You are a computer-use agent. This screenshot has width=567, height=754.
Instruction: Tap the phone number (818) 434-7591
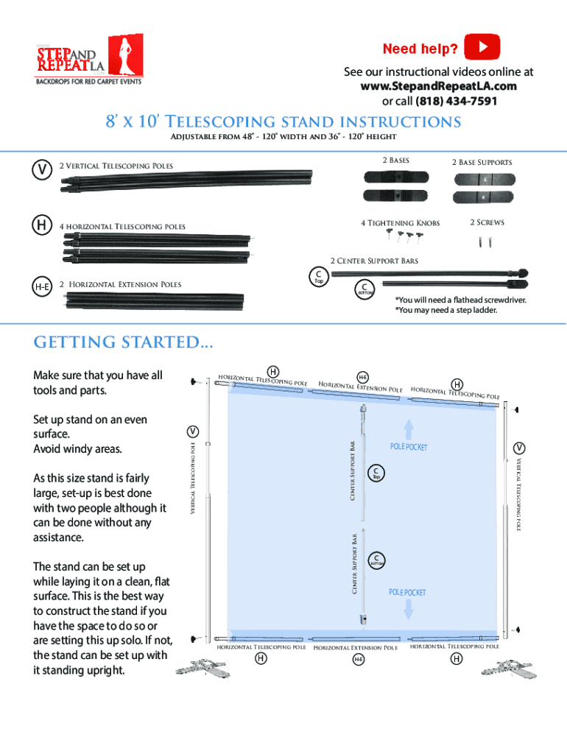(x=457, y=101)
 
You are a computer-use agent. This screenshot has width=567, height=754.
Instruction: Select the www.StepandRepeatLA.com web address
(x=439, y=86)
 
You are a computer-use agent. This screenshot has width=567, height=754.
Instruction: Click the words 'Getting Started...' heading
(x=124, y=342)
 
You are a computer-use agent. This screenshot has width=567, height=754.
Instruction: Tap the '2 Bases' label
(x=395, y=161)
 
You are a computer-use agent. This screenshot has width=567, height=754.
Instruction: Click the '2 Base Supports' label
(x=482, y=162)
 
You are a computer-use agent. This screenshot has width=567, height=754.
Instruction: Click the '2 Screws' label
(x=487, y=222)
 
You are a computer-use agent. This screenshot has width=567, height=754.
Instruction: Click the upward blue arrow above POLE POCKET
(x=409, y=429)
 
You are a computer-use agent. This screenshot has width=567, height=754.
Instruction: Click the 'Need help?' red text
(x=420, y=49)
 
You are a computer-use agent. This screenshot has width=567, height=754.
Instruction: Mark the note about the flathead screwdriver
(x=460, y=300)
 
